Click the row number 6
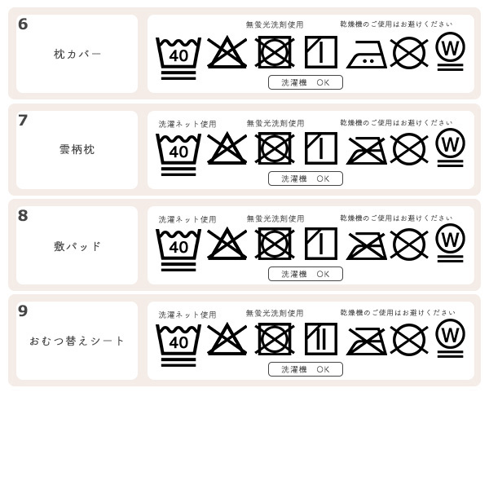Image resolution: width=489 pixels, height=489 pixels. coord(23,24)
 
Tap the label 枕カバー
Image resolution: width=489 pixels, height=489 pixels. coord(77,55)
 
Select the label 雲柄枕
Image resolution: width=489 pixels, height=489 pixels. coord(77,150)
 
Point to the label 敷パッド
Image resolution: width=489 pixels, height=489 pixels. coord(77,246)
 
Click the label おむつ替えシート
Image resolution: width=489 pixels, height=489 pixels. coord(77,341)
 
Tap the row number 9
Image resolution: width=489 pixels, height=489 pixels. coord(23,311)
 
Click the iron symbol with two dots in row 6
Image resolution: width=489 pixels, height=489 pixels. coord(366,55)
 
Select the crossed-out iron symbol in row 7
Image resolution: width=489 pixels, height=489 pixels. coord(366,150)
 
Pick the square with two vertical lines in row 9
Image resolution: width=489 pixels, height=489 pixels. coord(320,339)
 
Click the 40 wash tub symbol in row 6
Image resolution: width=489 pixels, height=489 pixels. coord(178,56)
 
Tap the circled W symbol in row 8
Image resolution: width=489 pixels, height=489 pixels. coord(450,241)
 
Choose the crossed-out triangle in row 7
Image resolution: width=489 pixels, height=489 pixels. coord(227,148)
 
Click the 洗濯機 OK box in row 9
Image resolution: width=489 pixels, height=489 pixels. coord(305,369)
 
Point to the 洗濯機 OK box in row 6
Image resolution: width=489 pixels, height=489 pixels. coord(305,82)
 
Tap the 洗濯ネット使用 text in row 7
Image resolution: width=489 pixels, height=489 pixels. coord(187,125)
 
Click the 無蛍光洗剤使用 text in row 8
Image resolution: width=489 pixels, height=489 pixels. coord(275,219)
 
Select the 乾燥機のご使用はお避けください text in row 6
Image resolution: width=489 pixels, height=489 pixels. coord(396,24)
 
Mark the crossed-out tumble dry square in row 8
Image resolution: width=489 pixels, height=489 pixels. coord(275,244)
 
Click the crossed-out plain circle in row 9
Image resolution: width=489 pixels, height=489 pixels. coord(409,340)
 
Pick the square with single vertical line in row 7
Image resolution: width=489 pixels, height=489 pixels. coord(320,148)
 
